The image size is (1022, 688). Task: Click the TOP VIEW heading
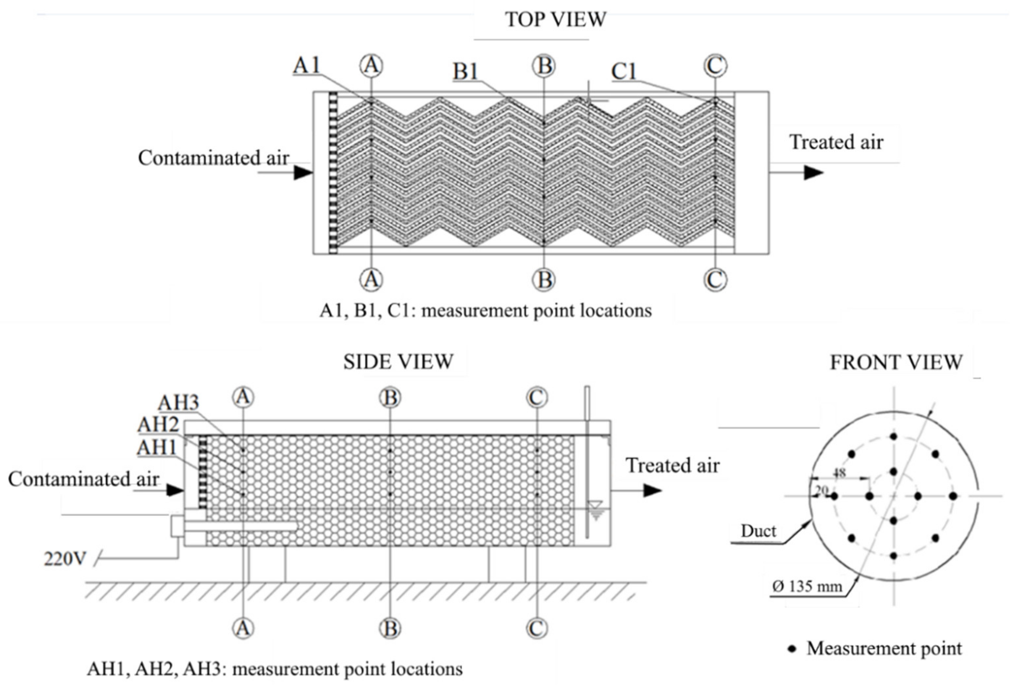555,19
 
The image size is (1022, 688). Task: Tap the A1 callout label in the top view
307,66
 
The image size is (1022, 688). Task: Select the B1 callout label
465,71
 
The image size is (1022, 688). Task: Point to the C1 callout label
623,71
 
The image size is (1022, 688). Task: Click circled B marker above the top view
544,66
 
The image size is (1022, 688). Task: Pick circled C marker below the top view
715,280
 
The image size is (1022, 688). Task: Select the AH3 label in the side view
178,402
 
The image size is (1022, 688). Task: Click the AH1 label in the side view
157,447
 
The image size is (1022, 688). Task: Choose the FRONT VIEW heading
896,362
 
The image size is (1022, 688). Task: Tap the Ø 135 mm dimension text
807,586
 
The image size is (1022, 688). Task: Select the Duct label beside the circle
758,531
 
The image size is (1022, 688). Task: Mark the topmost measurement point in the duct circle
893,436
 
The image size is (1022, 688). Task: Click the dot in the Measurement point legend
792,649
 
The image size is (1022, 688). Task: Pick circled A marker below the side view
243,628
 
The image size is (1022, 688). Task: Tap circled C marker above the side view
537,398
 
